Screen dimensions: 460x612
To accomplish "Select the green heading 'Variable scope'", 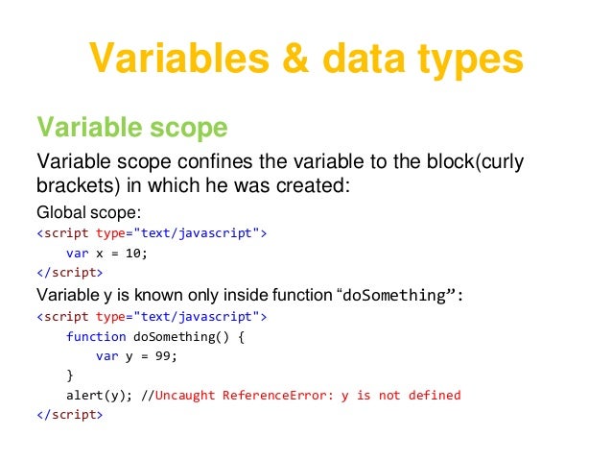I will click(x=131, y=128).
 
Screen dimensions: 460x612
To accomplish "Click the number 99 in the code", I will click(x=166, y=355).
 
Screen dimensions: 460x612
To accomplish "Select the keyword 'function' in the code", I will click(x=96, y=336).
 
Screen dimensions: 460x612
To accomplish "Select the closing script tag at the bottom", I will click(x=68, y=415).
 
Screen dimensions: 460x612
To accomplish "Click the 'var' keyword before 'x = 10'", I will click(x=77, y=254).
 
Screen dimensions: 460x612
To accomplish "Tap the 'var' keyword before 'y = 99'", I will click(x=106, y=355).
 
